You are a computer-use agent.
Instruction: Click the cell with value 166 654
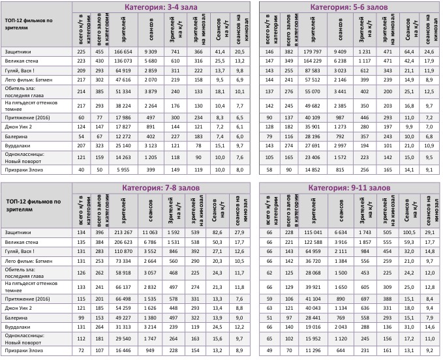click(x=123, y=51)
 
